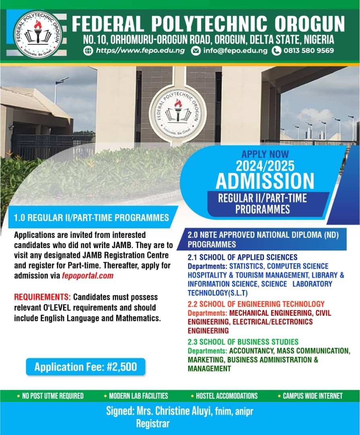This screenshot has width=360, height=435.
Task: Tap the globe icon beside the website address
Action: (x=88, y=51)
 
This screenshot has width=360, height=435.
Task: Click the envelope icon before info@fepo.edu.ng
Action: (x=195, y=51)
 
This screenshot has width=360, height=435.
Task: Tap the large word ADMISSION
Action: (x=265, y=181)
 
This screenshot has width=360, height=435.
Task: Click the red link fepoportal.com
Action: (x=88, y=276)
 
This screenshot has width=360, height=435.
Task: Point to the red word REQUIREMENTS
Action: (x=42, y=297)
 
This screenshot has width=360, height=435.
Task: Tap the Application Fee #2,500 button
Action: (x=85, y=367)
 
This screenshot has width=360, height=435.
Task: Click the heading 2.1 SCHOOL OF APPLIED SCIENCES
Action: (x=242, y=257)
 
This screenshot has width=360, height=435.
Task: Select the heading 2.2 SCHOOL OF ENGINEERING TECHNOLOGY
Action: (x=256, y=304)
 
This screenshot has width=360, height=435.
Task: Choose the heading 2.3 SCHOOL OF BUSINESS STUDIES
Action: (x=243, y=342)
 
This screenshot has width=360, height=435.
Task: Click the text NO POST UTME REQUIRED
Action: (x=53, y=396)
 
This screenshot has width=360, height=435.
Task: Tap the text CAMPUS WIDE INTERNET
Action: (x=312, y=396)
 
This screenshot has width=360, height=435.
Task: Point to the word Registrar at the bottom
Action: (x=153, y=424)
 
